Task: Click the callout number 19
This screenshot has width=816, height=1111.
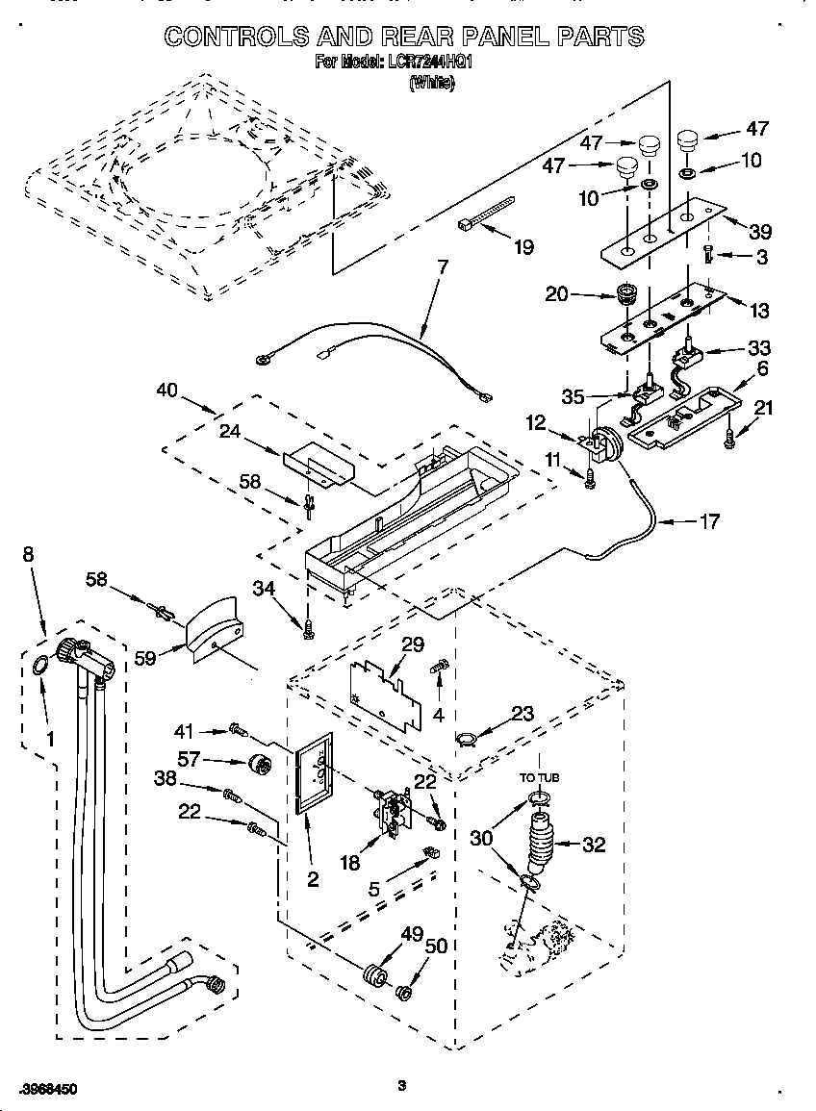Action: pos(523,247)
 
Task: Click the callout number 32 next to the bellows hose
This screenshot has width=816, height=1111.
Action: pos(595,846)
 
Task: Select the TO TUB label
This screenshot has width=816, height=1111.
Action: pos(540,777)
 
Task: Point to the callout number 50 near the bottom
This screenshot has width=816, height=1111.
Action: pos(436,947)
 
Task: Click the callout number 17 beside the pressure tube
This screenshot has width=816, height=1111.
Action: pos(707,523)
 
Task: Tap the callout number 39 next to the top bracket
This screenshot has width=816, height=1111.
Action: pos(760,232)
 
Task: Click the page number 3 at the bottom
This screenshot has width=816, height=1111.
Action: pos(403,1086)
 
